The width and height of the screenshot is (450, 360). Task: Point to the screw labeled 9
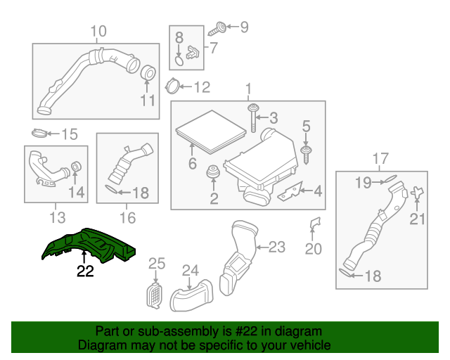coord(218,29)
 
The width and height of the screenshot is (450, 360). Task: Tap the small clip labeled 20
coord(314,224)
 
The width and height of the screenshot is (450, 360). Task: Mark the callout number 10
coord(98,31)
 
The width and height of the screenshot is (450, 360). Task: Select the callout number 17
coord(380,157)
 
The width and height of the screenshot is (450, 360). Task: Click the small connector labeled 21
coord(418,193)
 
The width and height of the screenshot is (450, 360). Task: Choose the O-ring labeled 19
coord(391,181)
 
